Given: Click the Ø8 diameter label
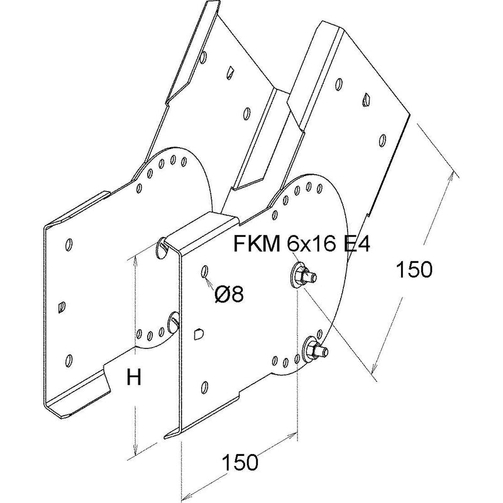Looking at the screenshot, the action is click(x=229, y=294).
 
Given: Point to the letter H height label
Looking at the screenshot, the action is click(x=134, y=377).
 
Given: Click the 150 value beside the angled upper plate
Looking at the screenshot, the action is click(x=414, y=269).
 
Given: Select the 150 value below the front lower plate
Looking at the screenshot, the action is click(x=240, y=462).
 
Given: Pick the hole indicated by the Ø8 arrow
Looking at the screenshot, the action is click(x=204, y=272).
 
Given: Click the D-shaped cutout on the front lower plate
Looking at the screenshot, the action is click(x=199, y=334).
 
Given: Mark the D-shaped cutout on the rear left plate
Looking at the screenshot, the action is click(x=62, y=307).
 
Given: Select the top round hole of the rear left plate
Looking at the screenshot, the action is click(x=69, y=245).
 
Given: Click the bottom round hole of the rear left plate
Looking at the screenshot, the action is click(x=68, y=360).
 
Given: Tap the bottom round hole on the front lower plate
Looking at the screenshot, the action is click(x=204, y=387).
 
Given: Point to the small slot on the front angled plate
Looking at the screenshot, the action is click(x=367, y=100).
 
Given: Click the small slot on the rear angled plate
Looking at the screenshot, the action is click(x=230, y=72).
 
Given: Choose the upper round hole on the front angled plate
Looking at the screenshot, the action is click(x=338, y=84).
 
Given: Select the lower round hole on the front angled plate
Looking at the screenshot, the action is click(x=382, y=140).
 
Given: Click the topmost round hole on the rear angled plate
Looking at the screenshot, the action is click(x=203, y=57).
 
